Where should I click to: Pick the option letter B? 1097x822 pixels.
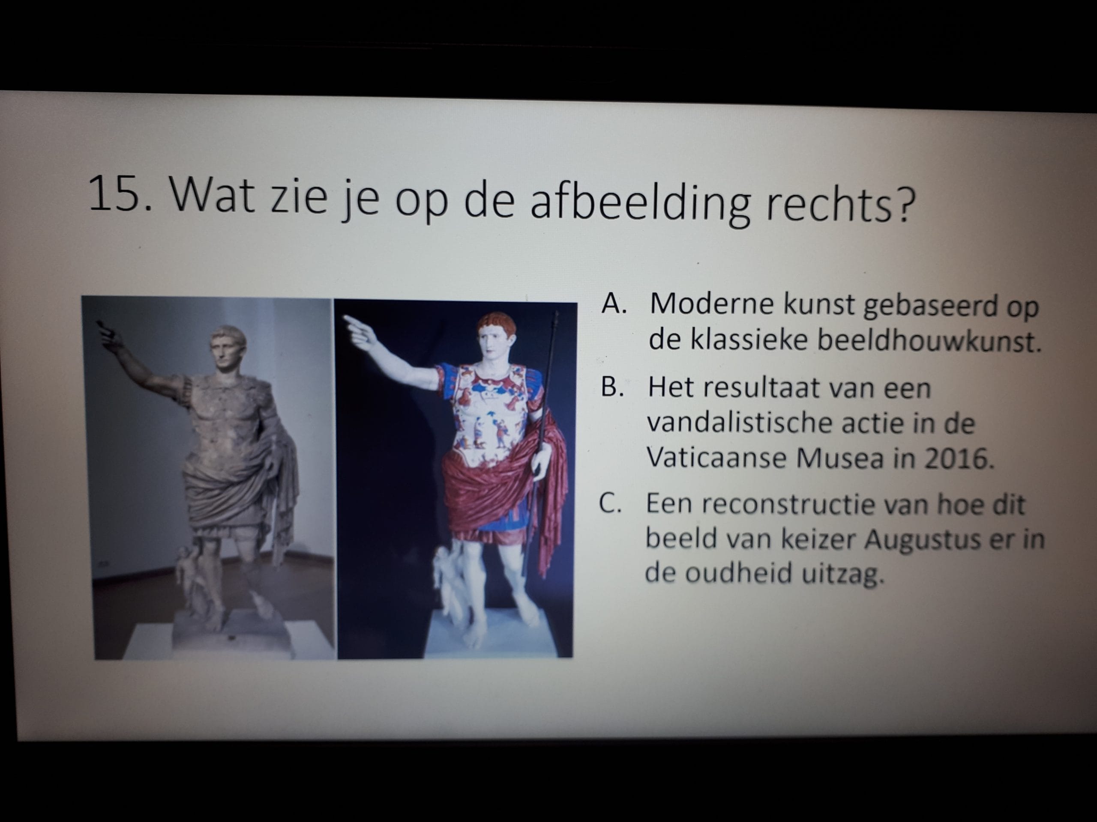611,387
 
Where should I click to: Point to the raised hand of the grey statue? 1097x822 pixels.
108,334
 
